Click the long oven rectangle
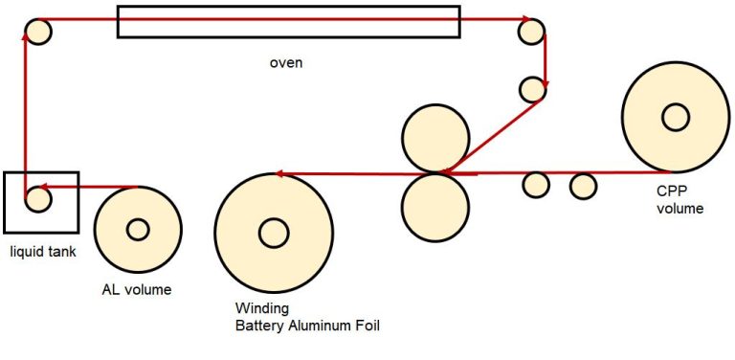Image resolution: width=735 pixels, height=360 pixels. [x=288, y=22]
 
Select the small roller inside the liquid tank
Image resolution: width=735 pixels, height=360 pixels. [x=37, y=199]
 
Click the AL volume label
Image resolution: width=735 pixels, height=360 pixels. [x=137, y=289]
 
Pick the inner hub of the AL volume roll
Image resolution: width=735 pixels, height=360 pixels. [x=138, y=230]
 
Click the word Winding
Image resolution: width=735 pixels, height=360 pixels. [x=259, y=308]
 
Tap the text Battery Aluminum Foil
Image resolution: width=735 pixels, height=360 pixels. [x=307, y=326]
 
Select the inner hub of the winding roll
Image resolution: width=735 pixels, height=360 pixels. [x=274, y=232]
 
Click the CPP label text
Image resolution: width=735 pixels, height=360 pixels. [x=674, y=191]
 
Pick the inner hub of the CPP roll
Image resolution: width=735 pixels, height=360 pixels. [x=675, y=117]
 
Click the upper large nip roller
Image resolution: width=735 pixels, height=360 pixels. [x=435, y=138]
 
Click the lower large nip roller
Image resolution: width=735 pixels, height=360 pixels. [x=435, y=208]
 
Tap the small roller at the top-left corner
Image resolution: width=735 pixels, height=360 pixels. [x=38, y=32]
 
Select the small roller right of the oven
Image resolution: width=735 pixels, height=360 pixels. [x=531, y=32]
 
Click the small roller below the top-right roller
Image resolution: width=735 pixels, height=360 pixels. [x=531, y=89]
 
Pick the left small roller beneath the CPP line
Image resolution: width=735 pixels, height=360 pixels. [x=536, y=184]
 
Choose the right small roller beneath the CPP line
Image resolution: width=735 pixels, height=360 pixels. [x=583, y=185]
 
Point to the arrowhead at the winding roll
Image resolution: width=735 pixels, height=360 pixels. [x=278, y=174]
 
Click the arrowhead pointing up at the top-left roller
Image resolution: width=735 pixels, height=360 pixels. [x=25, y=34]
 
